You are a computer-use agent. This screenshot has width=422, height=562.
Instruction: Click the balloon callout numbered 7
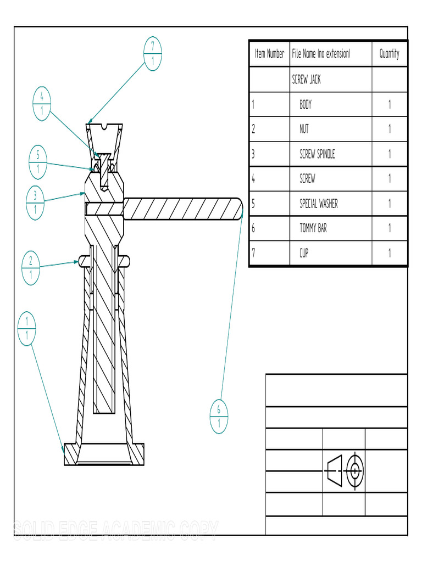[152, 54]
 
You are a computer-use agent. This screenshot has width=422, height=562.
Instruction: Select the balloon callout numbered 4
[42, 104]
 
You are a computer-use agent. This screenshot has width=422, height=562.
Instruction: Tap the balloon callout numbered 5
[37, 162]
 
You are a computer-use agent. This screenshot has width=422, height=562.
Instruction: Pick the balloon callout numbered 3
[35, 203]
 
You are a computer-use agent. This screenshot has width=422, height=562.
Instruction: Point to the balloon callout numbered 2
[31, 267]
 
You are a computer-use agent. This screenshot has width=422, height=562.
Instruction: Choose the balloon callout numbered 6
[219, 417]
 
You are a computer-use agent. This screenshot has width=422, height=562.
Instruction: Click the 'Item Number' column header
[269, 54]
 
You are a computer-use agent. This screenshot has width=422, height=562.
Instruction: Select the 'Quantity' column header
[389, 54]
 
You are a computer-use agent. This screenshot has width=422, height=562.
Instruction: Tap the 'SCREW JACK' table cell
[306, 80]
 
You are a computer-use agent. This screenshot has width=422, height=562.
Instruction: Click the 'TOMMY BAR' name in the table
[313, 228]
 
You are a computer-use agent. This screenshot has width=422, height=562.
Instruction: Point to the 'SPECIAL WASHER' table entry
[318, 204]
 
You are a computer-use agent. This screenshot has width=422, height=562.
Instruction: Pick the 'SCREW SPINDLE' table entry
[316, 154]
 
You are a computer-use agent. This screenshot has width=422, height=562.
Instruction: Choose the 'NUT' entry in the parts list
[304, 129]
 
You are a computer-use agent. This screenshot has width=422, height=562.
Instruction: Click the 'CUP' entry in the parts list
[304, 253]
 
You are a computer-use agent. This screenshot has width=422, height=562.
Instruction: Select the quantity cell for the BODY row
[389, 104]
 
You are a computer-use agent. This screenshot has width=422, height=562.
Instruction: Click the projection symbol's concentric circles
[355, 470]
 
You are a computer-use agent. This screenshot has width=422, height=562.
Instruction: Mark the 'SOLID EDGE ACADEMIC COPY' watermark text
[115, 529]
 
